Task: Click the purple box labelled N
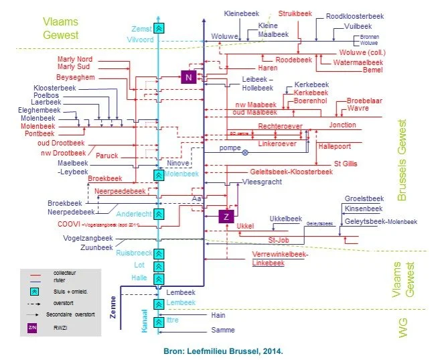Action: tap(189, 77)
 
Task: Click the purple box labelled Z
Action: tap(226, 217)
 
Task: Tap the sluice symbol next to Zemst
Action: tap(159, 28)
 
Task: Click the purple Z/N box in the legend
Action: tap(31, 328)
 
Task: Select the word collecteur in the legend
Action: tap(64, 273)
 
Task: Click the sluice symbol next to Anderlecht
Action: tap(159, 214)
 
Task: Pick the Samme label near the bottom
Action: tap(222, 331)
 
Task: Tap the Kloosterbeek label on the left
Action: tap(56, 88)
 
